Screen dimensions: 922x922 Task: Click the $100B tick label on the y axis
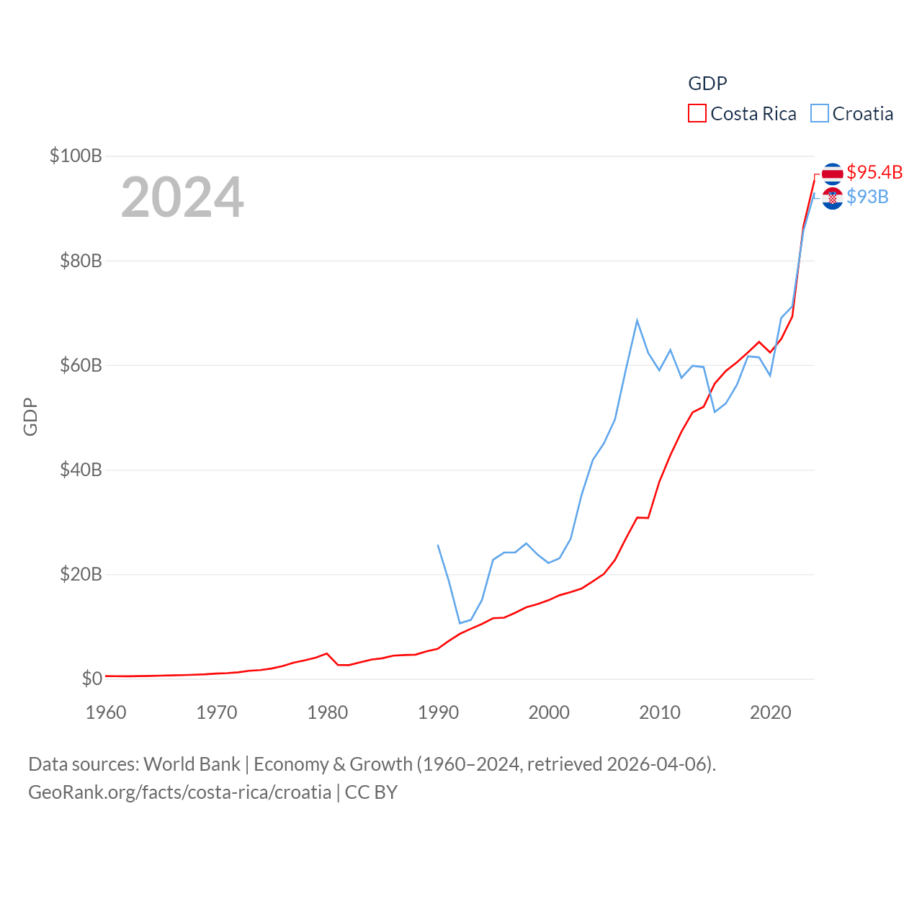tap(76, 156)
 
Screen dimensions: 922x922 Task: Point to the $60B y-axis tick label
tap(81, 365)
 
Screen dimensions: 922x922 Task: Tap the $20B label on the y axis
tap(81, 574)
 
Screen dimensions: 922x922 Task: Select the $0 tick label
tap(91, 679)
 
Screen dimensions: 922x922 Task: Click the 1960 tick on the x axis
tap(106, 712)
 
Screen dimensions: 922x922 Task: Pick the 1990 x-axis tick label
tap(438, 712)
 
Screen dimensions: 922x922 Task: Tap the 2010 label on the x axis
tap(660, 712)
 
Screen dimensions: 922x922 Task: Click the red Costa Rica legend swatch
tap(697, 114)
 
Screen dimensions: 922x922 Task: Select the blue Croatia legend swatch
tap(819, 114)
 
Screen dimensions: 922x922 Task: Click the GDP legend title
tap(707, 84)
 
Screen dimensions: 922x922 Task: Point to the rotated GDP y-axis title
tap(30, 416)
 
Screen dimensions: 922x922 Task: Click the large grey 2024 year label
tap(182, 197)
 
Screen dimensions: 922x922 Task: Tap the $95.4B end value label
tap(874, 172)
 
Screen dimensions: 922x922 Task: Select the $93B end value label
tap(867, 197)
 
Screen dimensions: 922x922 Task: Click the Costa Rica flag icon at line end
tap(832, 174)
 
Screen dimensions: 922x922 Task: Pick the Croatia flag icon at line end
tap(832, 198)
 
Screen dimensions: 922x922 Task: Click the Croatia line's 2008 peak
tap(637, 321)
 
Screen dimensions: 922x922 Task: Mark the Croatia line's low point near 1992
tap(460, 623)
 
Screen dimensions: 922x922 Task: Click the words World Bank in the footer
tap(192, 764)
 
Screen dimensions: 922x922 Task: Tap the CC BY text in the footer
tap(371, 792)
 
